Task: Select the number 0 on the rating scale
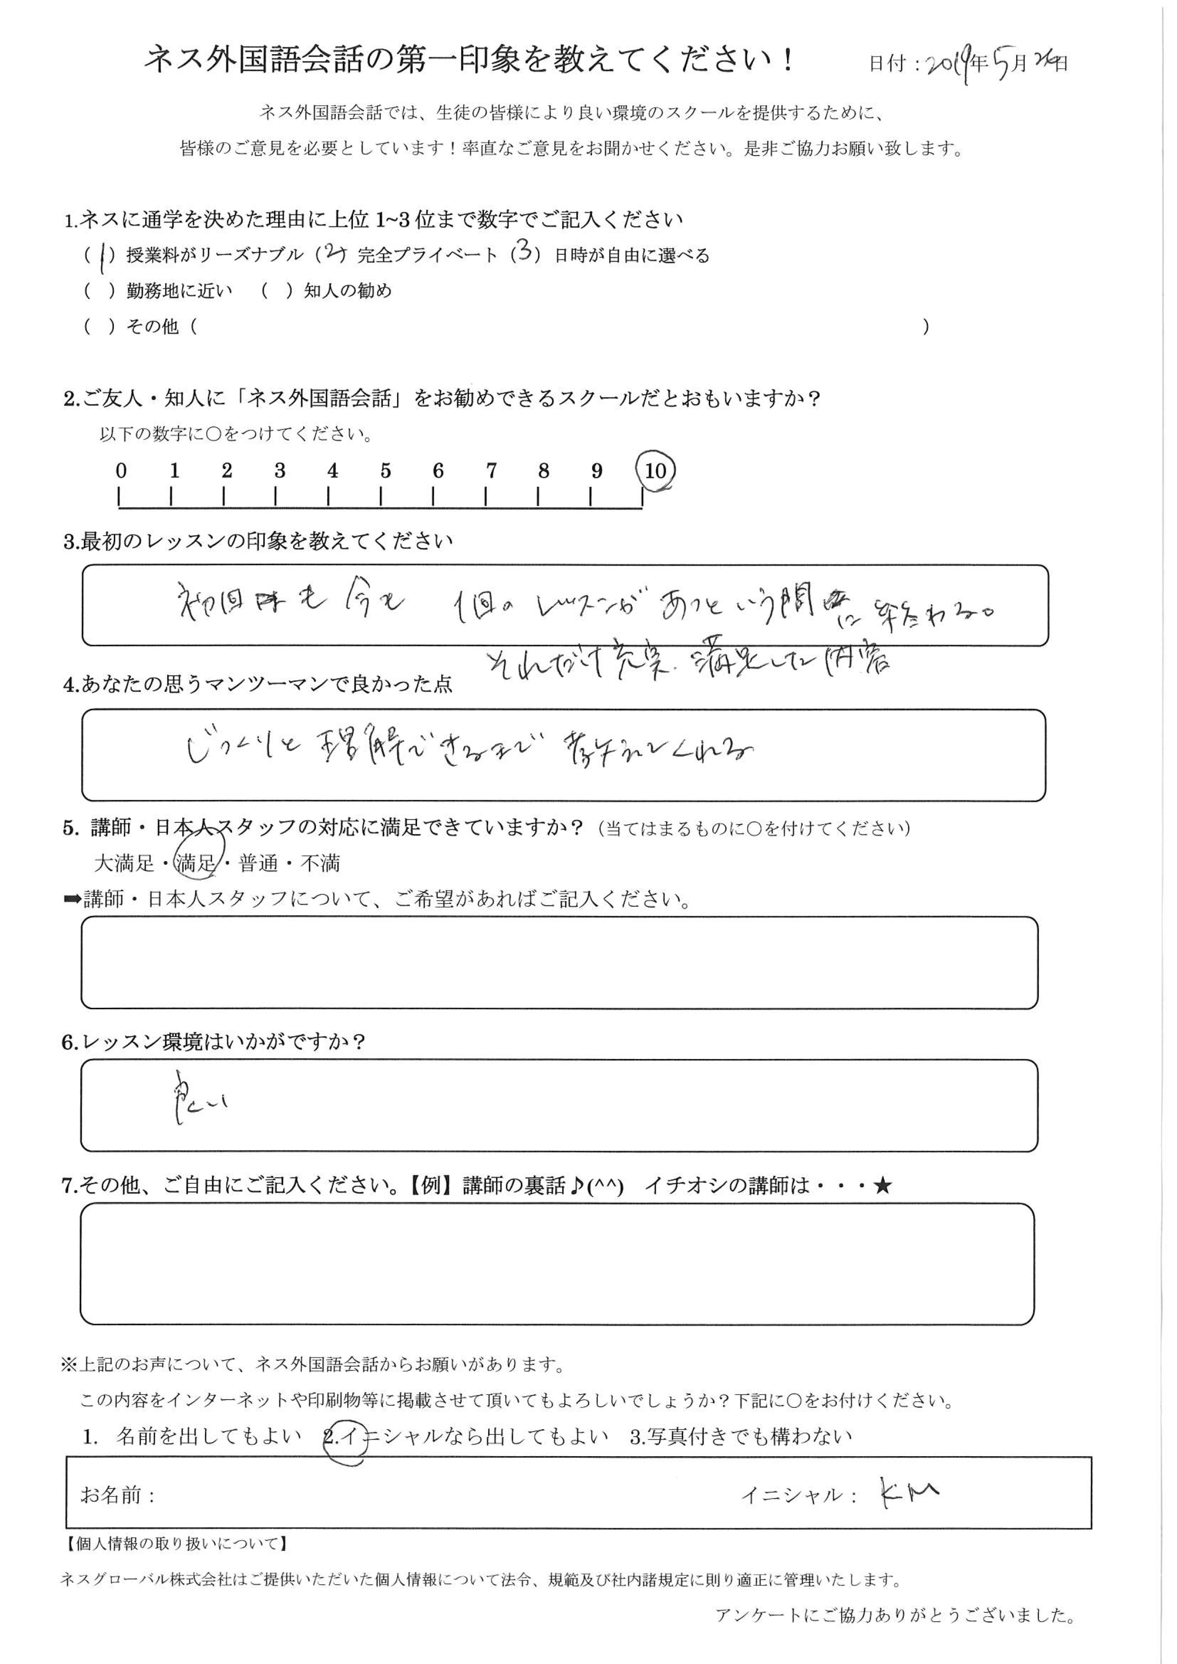pyautogui.click(x=121, y=471)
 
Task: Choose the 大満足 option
pyautogui.click(x=125, y=863)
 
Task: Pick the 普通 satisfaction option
pyautogui.click(x=258, y=863)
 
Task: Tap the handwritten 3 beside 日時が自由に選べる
pyautogui.click(x=526, y=254)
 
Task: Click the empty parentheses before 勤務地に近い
pyautogui.click(x=101, y=291)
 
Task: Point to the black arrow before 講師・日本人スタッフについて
pyautogui.click(x=73, y=900)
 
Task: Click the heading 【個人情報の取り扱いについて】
pyautogui.click(x=176, y=1544)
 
